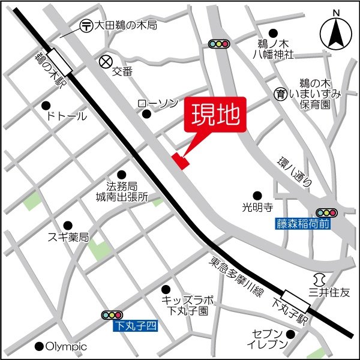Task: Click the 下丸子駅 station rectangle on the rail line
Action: click(x=297, y=301)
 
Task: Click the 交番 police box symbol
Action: click(x=106, y=61)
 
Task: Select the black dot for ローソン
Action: click(x=146, y=113)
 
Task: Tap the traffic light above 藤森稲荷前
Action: click(x=326, y=212)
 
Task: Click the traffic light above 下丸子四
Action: click(x=112, y=314)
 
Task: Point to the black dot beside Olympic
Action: click(x=40, y=346)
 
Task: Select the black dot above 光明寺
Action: click(x=257, y=195)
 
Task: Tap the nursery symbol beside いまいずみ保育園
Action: click(x=280, y=94)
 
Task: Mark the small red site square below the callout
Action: click(x=181, y=160)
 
